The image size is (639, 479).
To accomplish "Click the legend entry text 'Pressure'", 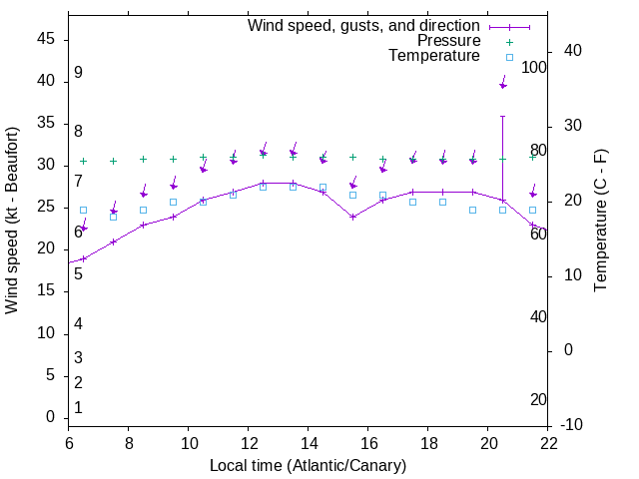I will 449,41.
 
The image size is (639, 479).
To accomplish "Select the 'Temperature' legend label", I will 434,57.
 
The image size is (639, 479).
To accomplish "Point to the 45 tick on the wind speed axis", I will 46,39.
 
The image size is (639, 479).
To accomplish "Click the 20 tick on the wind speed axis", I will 46,249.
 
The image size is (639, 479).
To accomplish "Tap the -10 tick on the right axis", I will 572,425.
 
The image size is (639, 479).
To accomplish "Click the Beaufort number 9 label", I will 78,73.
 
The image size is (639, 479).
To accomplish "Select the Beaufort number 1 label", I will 78,408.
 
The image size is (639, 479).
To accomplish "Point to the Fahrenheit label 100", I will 534,68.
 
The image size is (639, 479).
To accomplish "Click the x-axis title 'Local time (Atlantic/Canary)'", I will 308,465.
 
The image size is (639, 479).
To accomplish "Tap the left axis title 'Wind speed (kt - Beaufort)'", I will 13,220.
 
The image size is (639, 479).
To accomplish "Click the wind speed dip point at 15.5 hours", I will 352,217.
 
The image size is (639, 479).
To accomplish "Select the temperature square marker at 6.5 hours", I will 83,211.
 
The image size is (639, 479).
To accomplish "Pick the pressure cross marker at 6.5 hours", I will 83,161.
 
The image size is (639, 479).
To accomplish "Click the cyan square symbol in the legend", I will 509,57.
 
